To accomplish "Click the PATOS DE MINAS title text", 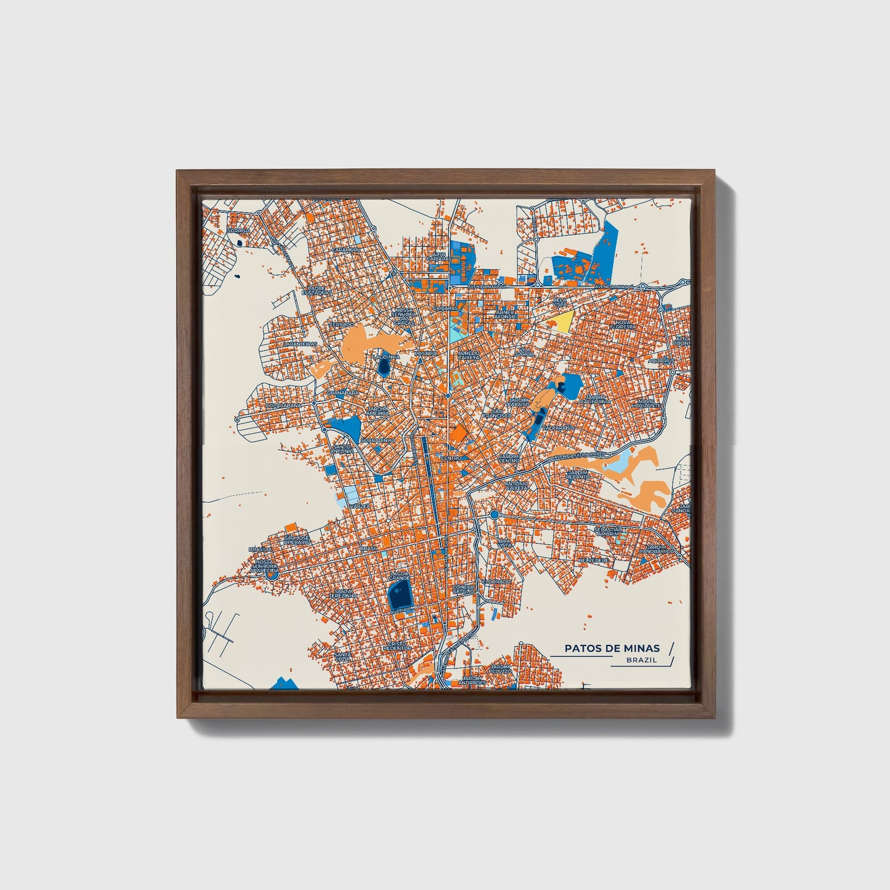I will tap(612, 648).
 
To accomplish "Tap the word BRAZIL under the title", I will tap(641, 660).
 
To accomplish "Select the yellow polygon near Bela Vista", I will tap(564, 321).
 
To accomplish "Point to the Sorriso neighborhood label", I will tap(238, 230).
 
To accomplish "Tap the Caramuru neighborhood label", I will tap(346, 249).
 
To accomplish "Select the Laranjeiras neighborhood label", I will tap(301, 344).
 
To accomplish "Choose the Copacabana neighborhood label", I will tap(283, 406).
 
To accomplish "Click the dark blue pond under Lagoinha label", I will tap(384, 368).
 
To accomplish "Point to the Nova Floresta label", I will tap(623, 323).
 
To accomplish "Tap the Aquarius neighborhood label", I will tap(661, 360).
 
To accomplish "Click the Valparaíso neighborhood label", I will tap(557, 427).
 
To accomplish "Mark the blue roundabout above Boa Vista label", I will tap(494, 514).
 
